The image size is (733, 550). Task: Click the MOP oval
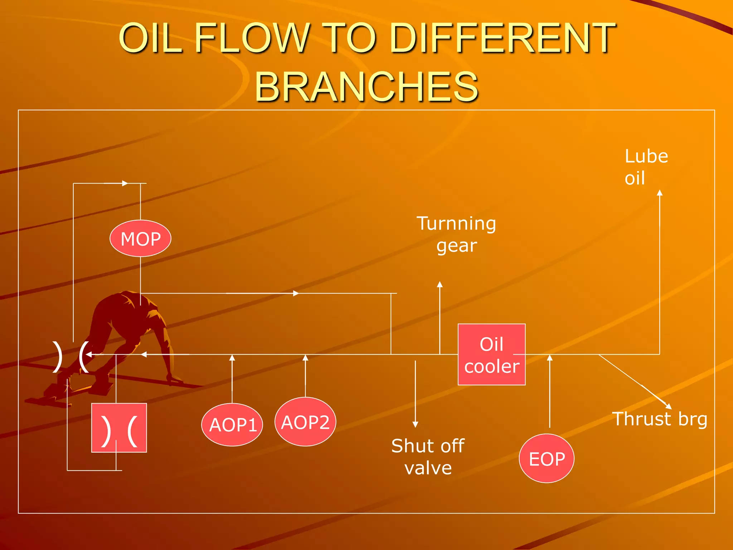tap(140, 238)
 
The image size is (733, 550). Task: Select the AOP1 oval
tap(232, 425)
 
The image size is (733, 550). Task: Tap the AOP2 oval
tap(305, 422)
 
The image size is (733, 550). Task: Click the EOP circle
tap(547, 459)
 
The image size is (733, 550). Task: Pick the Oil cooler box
tap(491, 354)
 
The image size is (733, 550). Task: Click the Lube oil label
tap(646, 167)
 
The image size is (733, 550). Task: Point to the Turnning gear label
tap(456, 234)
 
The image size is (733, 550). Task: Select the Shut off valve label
tap(428, 457)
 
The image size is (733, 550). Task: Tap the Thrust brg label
tap(659, 419)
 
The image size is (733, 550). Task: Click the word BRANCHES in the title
tap(366, 86)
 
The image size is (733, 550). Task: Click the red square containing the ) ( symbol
tap(119, 428)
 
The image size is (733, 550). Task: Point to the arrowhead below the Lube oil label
tap(660, 193)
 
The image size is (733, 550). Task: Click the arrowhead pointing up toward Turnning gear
tap(440, 284)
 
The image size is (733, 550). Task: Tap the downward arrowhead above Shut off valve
tap(415, 425)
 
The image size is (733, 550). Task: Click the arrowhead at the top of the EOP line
tap(550, 357)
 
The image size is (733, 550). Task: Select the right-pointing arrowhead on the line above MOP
tap(125, 183)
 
